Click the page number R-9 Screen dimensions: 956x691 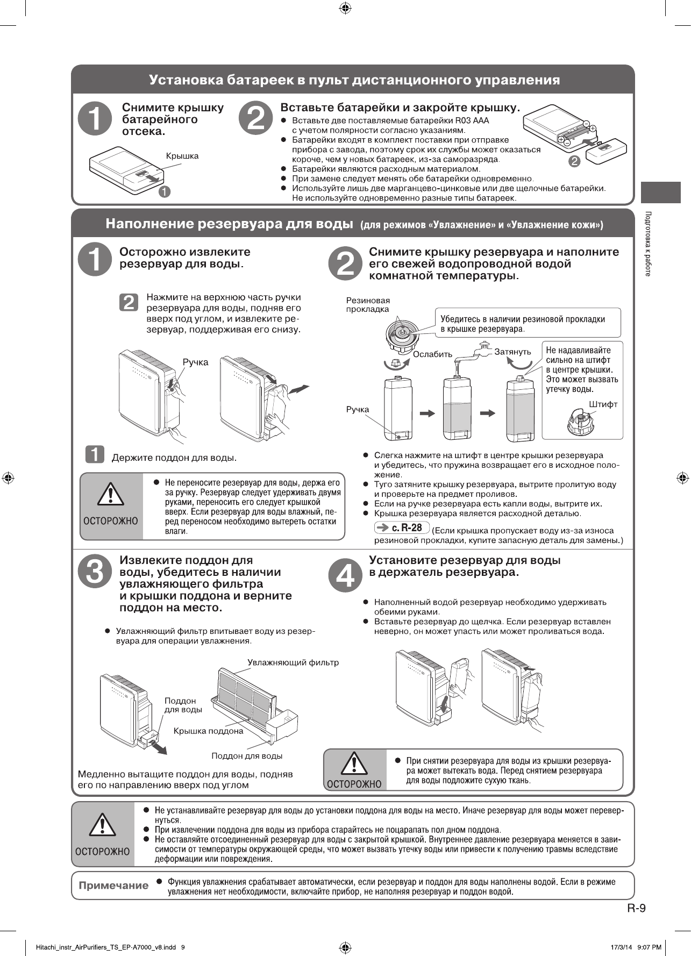pos(636,908)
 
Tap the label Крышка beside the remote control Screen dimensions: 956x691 pos(182,156)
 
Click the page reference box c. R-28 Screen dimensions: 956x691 pos(402,527)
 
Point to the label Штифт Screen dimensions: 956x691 pos(603,404)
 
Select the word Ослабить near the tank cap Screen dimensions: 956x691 pos(432,354)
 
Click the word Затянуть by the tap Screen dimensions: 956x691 pos(512,352)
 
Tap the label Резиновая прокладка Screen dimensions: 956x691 pos(368,305)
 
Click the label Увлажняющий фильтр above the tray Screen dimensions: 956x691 pos(293,662)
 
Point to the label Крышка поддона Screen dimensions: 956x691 pos(208,731)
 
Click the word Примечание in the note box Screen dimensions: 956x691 pos(113,886)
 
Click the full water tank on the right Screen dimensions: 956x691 pos(521,409)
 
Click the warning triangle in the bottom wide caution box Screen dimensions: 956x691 pos(102,825)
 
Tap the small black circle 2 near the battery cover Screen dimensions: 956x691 pos(574,161)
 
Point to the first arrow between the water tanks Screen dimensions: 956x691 pos(428,413)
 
